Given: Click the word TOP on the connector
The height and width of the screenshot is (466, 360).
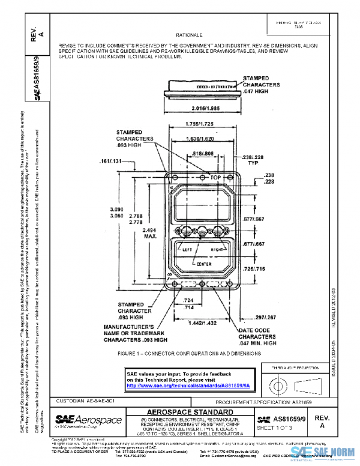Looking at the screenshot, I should pyautogui.click(x=215, y=178).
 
